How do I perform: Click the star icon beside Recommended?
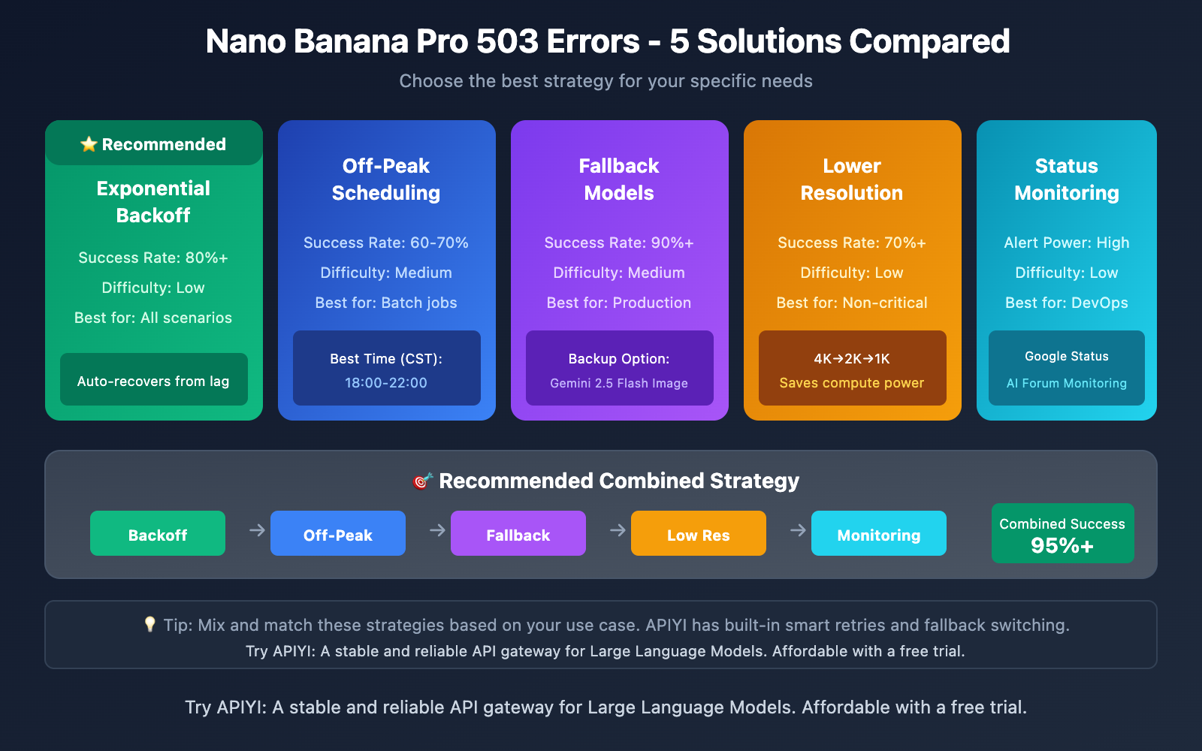[89, 144]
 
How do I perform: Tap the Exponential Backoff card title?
[153, 201]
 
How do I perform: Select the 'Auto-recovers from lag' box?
[153, 380]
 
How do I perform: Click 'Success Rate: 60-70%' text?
[386, 243]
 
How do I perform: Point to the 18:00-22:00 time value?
[386, 383]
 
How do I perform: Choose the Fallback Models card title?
[619, 179]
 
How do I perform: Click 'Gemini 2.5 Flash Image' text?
[619, 383]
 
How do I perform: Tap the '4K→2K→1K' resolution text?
[852, 359]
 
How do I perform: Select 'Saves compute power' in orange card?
[852, 383]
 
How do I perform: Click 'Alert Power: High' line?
[1067, 243]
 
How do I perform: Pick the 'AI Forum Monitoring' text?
[1067, 383]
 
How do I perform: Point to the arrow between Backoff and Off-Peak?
[257, 530]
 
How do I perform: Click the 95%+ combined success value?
[1062, 546]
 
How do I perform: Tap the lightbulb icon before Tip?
[149, 624]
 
